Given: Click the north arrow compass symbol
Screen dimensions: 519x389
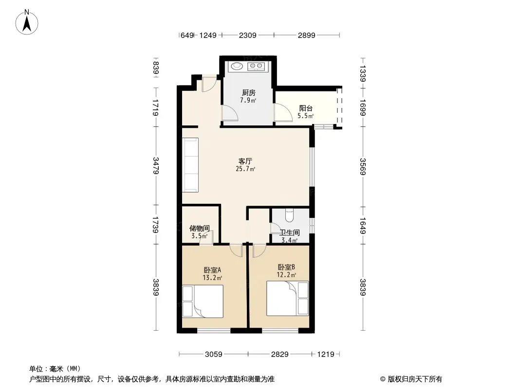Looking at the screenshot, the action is click(x=27, y=22).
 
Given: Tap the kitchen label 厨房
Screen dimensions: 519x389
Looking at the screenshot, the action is click(x=249, y=92).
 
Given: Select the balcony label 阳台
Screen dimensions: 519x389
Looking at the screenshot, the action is click(x=306, y=108).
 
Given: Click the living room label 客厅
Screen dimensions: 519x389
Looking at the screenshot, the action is click(x=245, y=161).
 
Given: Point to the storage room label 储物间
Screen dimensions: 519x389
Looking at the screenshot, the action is click(x=199, y=229).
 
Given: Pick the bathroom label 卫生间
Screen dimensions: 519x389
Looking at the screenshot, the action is click(x=290, y=233).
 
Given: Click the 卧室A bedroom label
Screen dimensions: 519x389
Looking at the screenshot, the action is click(x=212, y=270).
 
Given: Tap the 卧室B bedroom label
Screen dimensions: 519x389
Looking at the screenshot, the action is click(x=286, y=267).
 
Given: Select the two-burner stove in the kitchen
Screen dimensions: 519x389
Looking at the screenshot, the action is click(x=256, y=67).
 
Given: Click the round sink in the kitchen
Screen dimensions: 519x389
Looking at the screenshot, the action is click(x=237, y=66).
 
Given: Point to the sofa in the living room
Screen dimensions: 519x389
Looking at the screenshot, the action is click(x=190, y=165).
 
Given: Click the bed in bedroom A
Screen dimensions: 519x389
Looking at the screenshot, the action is click(x=203, y=301).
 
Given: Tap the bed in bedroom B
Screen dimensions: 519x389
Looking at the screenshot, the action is click(x=288, y=299).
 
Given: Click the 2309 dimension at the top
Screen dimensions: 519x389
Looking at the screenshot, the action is click(x=248, y=35).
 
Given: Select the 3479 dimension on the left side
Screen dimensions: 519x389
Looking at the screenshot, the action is click(x=156, y=166).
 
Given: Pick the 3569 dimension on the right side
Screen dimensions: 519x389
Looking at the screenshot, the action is click(x=363, y=167).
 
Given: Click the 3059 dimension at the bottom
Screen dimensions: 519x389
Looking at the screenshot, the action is click(x=214, y=354).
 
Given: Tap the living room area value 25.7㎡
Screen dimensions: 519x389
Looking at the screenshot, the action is click(x=245, y=169).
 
